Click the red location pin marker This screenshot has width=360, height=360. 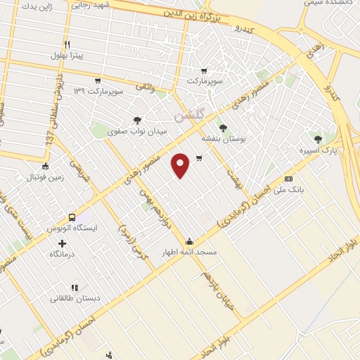pos(181,165)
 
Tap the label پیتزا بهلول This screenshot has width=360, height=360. pos(67,56)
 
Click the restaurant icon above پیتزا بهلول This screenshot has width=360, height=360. pos(67,44)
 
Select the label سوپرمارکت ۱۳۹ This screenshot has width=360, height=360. pos(101,91)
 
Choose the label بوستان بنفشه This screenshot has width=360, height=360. pos(223,139)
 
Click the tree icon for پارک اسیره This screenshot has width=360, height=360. pos(319,139)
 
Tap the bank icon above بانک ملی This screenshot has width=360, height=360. pos(288,179)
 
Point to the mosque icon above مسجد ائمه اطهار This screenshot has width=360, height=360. pos(191,240)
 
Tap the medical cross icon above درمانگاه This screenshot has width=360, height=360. pos(63,243)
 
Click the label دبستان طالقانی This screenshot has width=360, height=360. pos(75,298)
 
